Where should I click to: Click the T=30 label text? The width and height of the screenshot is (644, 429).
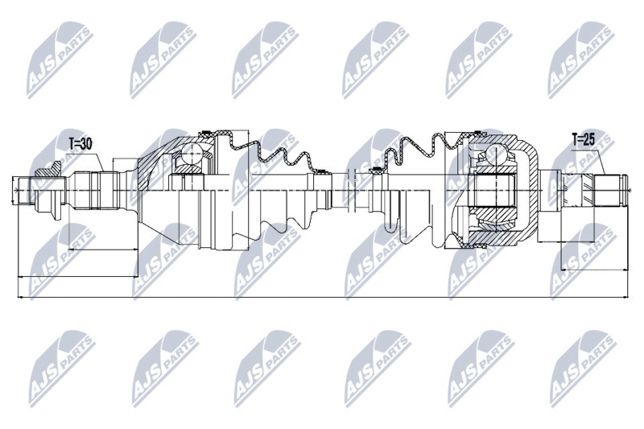[x=80, y=144]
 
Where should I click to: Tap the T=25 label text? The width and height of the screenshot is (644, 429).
[x=584, y=140]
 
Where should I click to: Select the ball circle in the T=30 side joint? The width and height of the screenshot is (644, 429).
[x=192, y=153]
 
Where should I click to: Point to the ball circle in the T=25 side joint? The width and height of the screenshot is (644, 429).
[x=497, y=154]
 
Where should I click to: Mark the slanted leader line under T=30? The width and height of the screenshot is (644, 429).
[x=99, y=163]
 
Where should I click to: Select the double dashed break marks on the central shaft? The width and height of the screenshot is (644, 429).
[x=350, y=190]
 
